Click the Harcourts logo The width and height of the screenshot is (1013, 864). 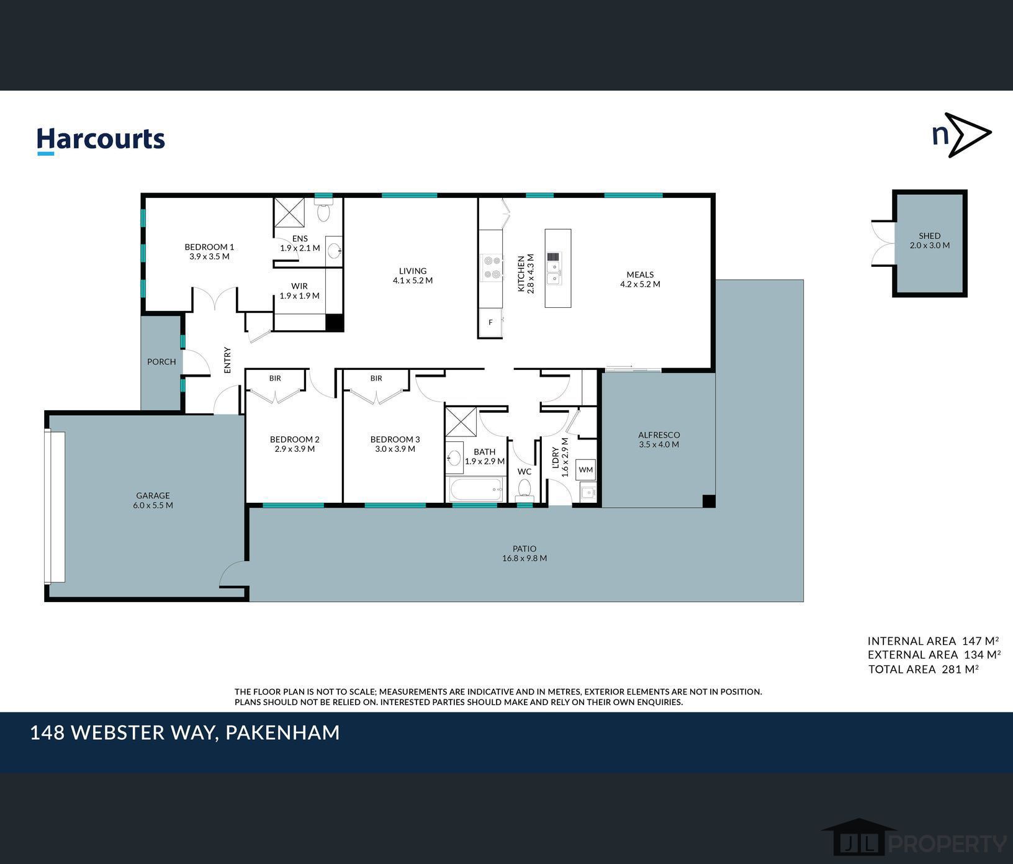(101, 140)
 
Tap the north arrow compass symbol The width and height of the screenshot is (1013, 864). (962, 135)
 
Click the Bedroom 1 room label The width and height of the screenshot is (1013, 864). (209, 251)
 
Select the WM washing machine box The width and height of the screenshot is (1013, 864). (585, 470)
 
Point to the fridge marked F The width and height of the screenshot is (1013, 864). (490, 322)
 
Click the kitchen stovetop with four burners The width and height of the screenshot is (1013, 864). (492, 268)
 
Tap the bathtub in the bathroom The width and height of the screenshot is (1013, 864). (476, 490)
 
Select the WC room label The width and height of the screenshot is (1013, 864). (525, 472)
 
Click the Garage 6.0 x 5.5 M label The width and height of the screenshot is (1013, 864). (153, 500)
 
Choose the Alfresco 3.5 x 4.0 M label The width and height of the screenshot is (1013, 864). (659, 440)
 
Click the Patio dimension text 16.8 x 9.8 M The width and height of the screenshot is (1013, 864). (525, 558)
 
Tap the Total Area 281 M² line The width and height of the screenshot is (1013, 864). (924, 669)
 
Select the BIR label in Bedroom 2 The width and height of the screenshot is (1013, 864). (275, 378)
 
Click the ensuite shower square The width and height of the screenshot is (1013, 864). (289, 213)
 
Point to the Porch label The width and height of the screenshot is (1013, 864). (161, 362)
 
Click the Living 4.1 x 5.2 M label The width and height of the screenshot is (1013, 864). (413, 276)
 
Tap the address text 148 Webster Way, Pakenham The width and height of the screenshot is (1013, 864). (185, 733)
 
